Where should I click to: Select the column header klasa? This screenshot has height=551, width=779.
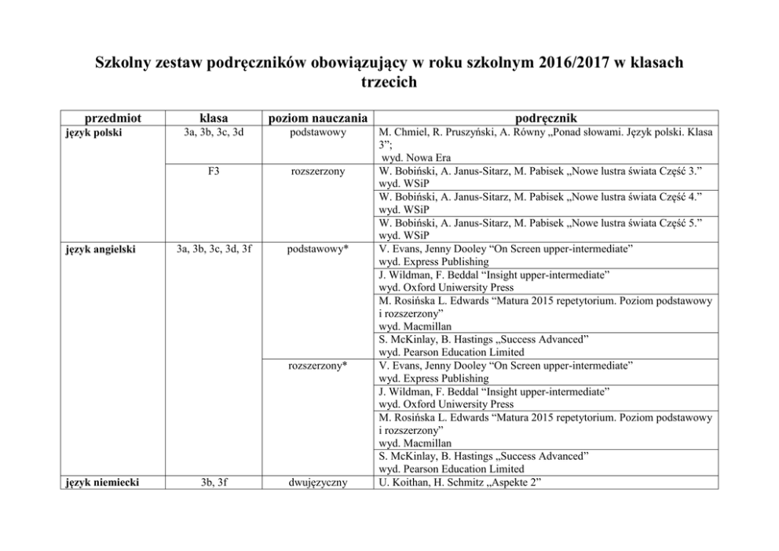click(x=214, y=119)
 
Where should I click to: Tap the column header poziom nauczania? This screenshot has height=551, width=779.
click(x=318, y=119)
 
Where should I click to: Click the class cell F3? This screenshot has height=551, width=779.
click(x=214, y=171)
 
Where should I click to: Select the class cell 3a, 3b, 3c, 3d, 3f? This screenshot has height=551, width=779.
click(x=214, y=250)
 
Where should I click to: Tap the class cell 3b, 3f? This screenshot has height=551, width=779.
click(x=214, y=482)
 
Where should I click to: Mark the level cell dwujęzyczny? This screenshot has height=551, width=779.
click(x=318, y=482)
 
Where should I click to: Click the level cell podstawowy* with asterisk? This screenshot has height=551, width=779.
click(x=318, y=250)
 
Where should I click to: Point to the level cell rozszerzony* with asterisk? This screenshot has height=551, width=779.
click(x=318, y=366)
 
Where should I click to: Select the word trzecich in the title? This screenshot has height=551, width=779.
click(x=389, y=82)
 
